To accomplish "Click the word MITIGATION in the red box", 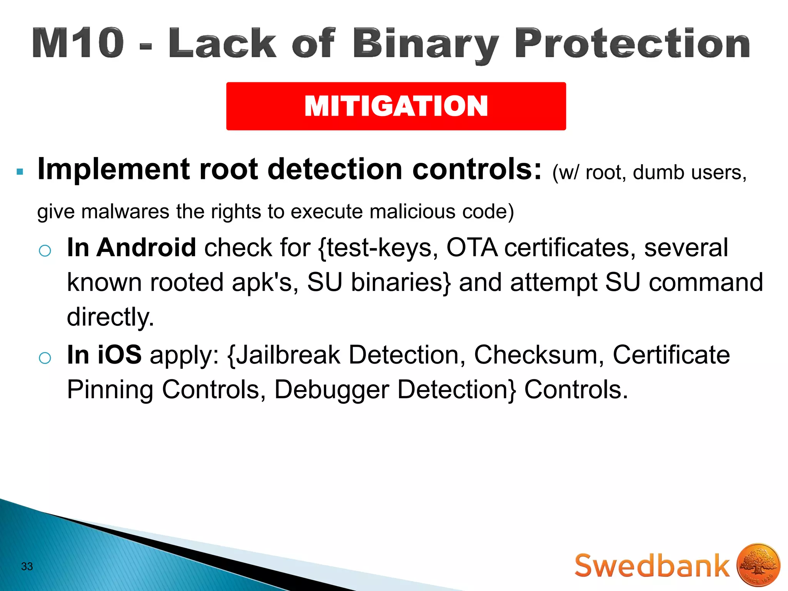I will tap(396, 106).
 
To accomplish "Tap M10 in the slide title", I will tap(78, 43).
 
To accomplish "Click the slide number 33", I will tap(27, 566).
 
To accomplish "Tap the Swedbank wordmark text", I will tap(652, 566).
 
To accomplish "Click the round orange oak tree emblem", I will tap(758, 565).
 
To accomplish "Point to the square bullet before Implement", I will tap(20, 172).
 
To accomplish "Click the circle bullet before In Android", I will tap(45, 251).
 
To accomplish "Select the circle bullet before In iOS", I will tap(45, 358).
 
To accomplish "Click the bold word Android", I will tap(146, 247).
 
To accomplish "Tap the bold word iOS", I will tap(119, 354).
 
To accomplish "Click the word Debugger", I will tap(331, 390).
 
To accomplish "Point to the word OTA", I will tap(472, 247).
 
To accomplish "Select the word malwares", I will tap(125, 212).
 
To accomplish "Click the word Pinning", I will tap(110, 390).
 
